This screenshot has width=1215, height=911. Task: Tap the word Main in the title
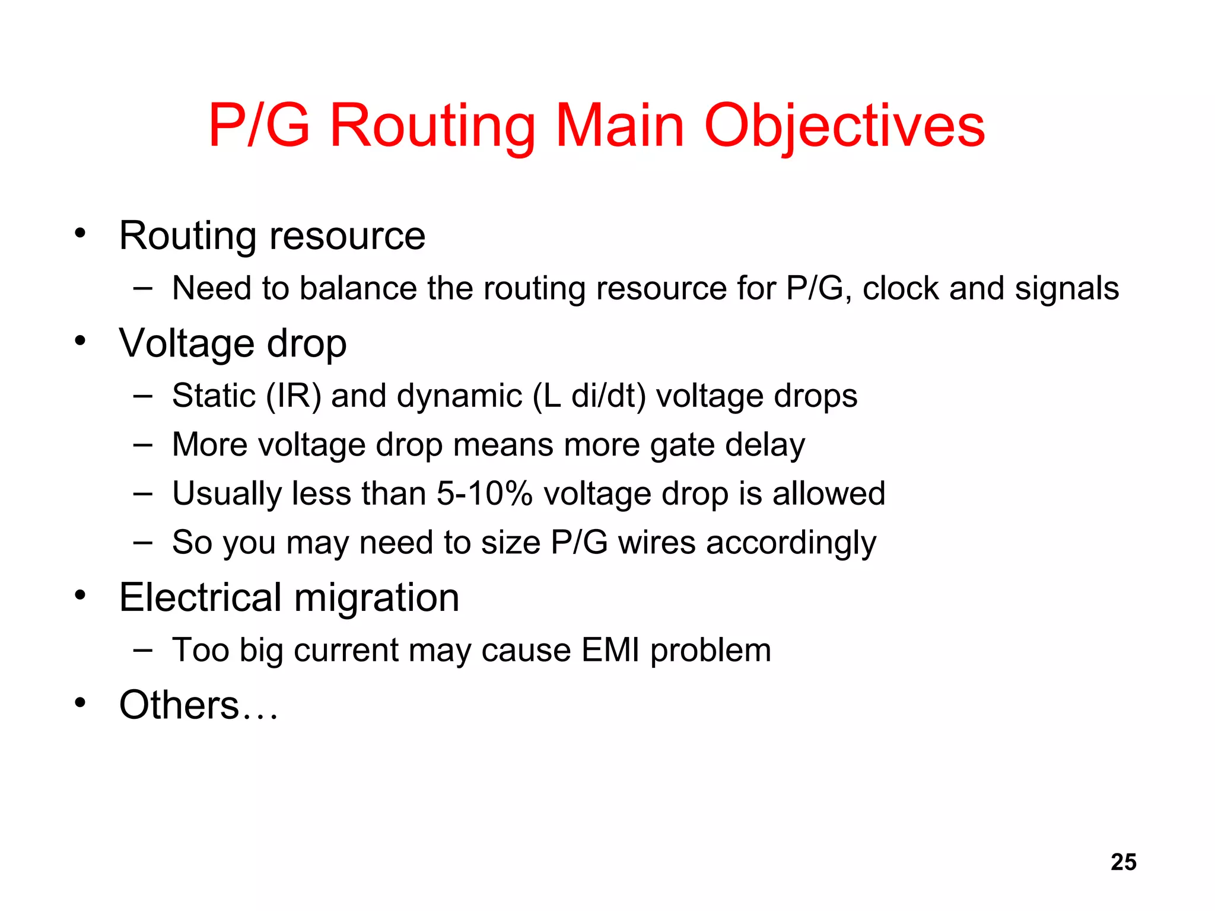pyautogui.click(x=619, y=126)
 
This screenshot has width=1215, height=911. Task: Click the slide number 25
pyautogui.click(x=1124, y=862)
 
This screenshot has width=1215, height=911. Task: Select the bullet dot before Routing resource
pyautogui.click(x=80, y=232)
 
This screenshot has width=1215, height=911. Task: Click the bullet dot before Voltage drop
pyautogui.click(x=80, y=340)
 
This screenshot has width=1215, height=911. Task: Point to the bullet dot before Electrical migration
pyautogui.click(x=80, y=594)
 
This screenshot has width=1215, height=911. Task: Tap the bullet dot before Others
pyautogui.click(x=80, y=702)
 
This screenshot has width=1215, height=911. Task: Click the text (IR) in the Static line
pyautogui.click(x=293, y=396)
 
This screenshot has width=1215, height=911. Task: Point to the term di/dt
pyautogui.click(x=608, y=396)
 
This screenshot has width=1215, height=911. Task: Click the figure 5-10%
pyautogui.click(x=484, y=493)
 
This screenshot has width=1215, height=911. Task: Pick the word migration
pyautogui.click(x=377, y=598)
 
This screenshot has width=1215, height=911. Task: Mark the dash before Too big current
pyautogui.click(x=142, y=650)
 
